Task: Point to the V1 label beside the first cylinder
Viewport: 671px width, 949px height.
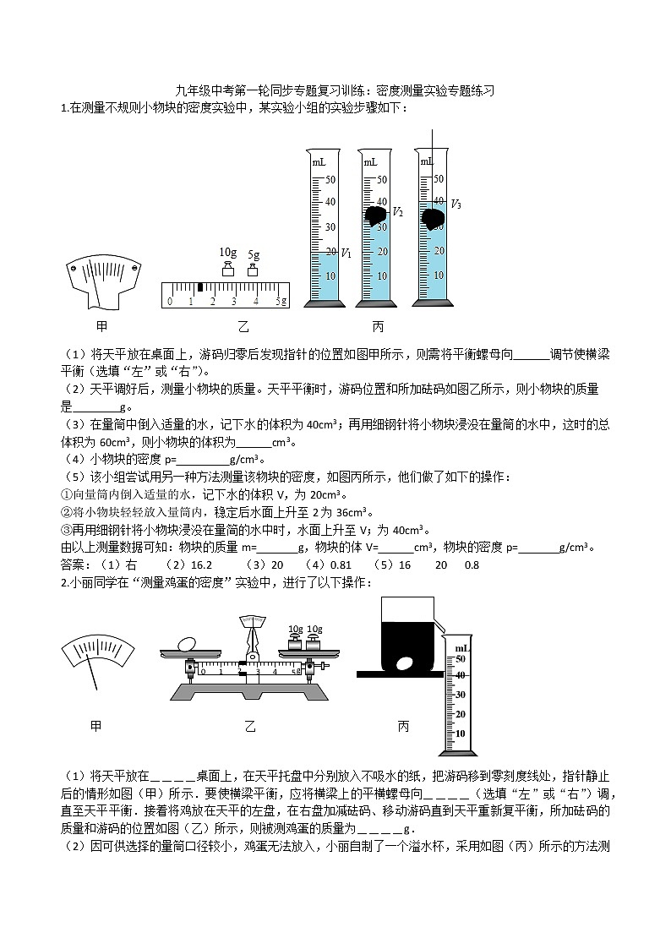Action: pyautogui.click(x=346, y=253)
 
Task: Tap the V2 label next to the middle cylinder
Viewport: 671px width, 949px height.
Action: pyautogui.click(x=398, y=211)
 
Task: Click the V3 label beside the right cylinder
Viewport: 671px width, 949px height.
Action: pyautogui.click(x=456, y=204)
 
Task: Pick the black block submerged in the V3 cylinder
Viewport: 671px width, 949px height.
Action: pyautogui.click(x=434, y=218)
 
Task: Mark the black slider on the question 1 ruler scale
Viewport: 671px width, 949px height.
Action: pyautogui.click(x=199, y=289)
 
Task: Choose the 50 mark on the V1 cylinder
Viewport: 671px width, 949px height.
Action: pyautogui.click(x=331, y=179)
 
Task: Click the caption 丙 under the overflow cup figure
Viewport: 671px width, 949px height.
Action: pyautogui.click(x=403, y=726)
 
